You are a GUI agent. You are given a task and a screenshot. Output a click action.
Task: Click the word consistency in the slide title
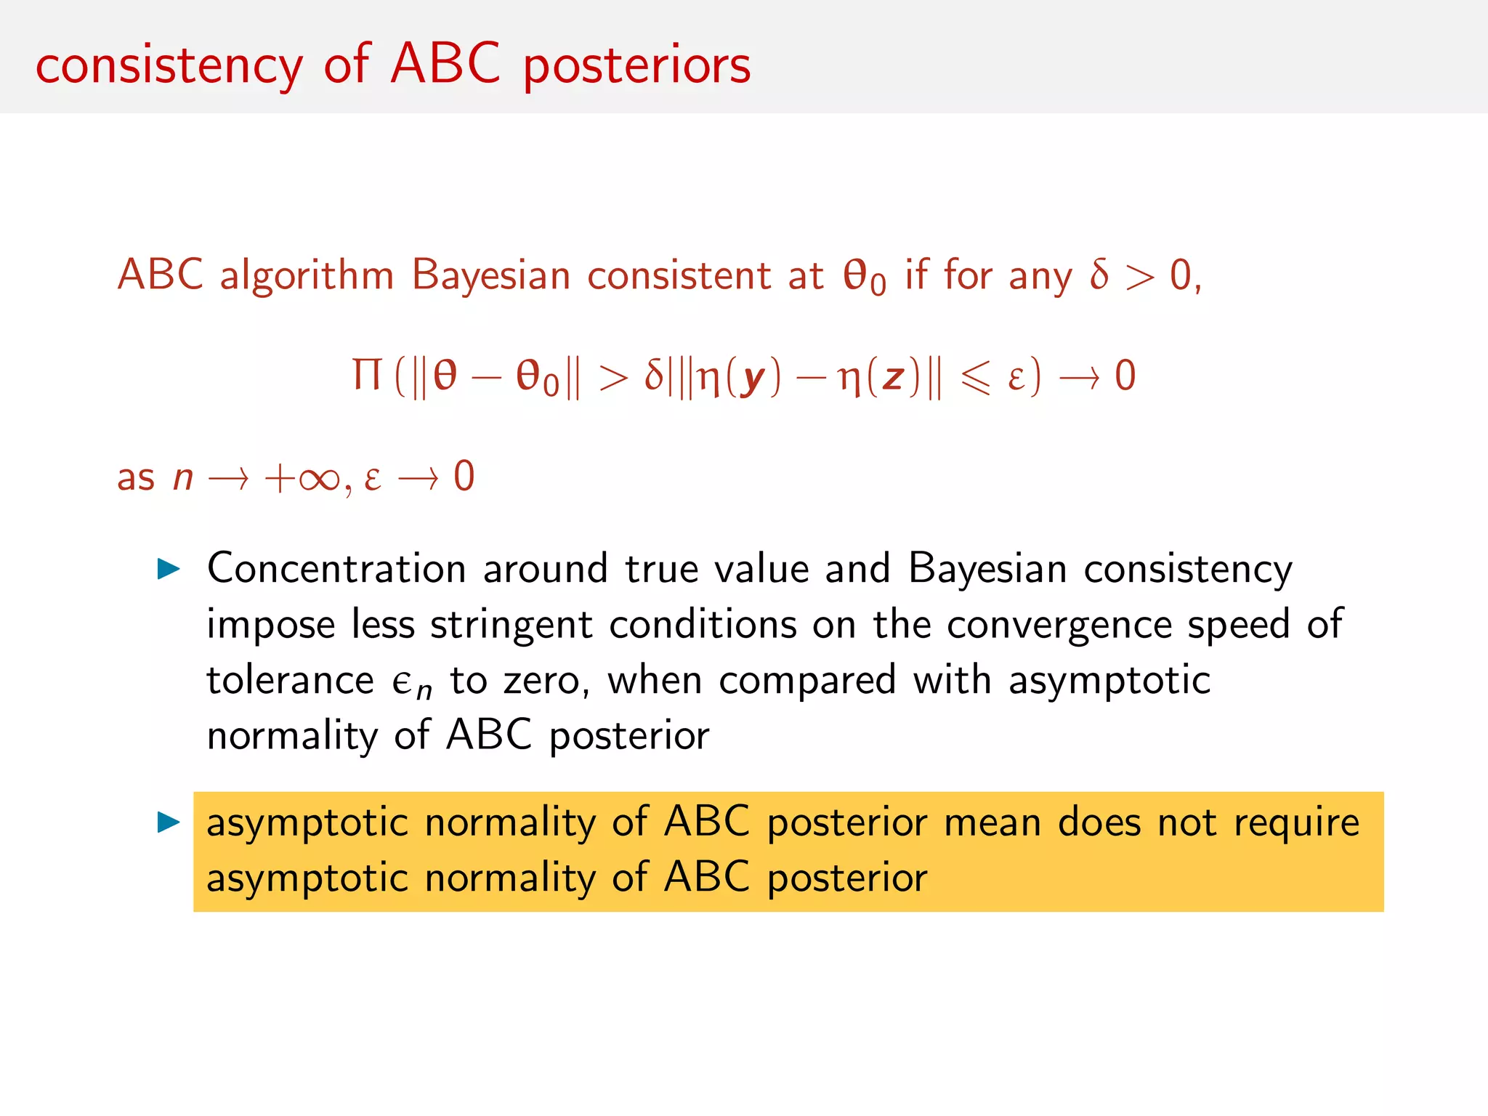tap(169, 65)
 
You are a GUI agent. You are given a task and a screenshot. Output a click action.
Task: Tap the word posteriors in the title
tap(636, 65)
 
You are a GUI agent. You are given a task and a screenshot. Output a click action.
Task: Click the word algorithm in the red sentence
tap(307, 276)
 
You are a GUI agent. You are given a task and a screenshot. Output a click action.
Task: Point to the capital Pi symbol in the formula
tap(367, 375)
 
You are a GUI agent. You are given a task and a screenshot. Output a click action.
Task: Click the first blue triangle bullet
tap(169, 569)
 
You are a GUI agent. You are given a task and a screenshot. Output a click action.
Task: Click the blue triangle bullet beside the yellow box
tap(169, 822)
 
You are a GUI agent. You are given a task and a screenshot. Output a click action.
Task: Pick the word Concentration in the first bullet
tap(336, 568)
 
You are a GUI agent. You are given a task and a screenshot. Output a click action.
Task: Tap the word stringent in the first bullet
tap(511, 625)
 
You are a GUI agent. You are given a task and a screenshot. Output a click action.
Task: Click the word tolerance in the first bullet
tap(290, 681)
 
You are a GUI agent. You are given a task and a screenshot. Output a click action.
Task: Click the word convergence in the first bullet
tap(1058, 625)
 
